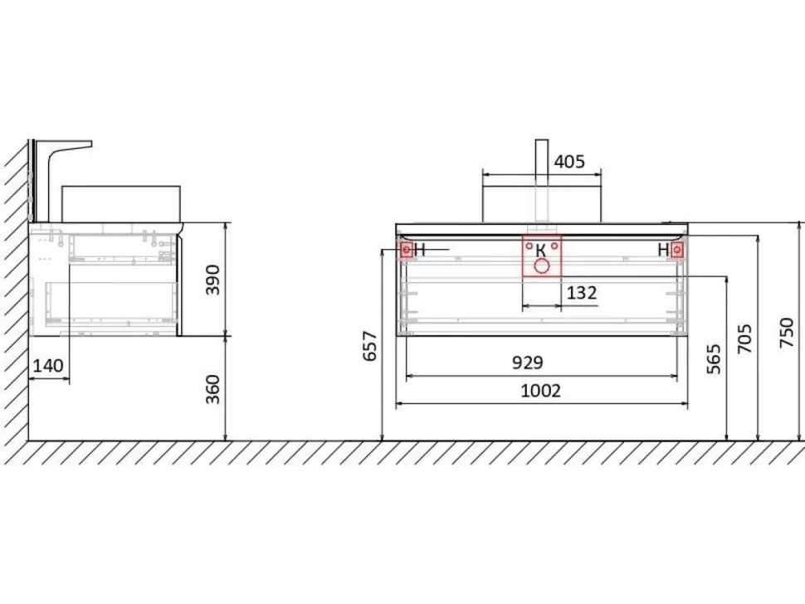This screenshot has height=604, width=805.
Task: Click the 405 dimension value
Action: click(x=569, y=162)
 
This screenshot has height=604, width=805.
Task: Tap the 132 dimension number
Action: click(x=582, y=293)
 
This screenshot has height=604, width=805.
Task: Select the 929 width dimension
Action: click(x=527, y=363)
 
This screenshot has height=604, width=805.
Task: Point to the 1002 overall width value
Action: click(x=540, y=391)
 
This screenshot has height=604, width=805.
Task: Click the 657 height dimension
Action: click(x=370, y=347)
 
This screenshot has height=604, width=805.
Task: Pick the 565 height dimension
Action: click(x=714, y=358)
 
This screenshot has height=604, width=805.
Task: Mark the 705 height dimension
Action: click(x=744, y=339)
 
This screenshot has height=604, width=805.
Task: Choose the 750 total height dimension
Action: click(x=787, y=333)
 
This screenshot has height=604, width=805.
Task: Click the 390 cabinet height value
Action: click(x=212, y=280)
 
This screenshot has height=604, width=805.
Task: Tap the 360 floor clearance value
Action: click(x=212, y=389)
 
